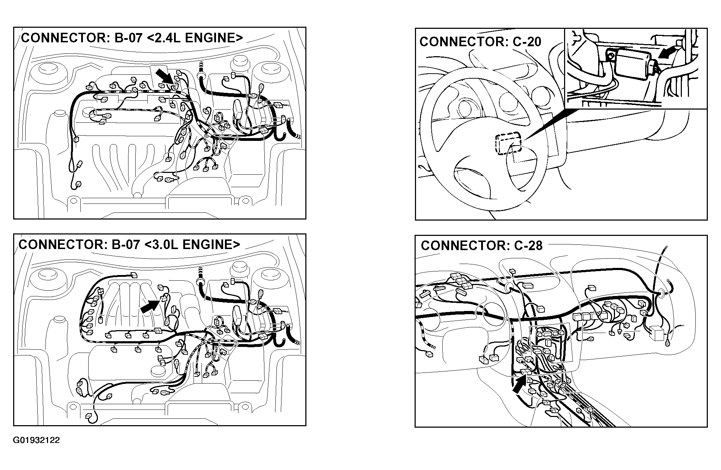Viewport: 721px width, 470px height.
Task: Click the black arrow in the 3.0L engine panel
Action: [x=150, y=306]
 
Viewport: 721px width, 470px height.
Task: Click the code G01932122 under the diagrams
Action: [x=36, y=440]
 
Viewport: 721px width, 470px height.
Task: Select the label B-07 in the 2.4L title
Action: [x=127, y=38]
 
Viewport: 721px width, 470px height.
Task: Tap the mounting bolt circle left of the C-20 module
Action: [x=611, y=56]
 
